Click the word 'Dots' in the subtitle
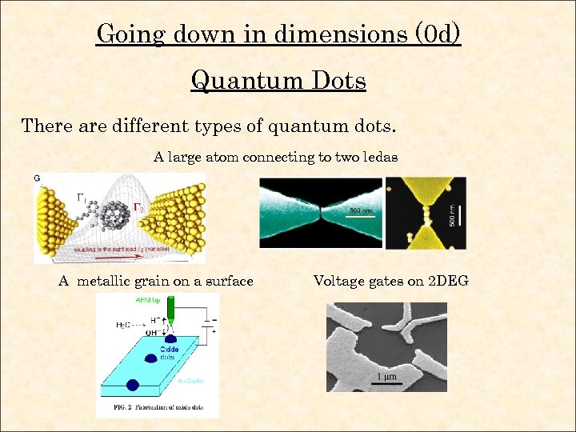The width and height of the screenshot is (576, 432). pos(337,80)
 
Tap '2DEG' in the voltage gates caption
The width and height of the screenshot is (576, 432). pos(448,281)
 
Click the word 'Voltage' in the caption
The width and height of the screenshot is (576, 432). pos(338,281)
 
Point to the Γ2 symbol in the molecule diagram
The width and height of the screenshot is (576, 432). pos(138,207)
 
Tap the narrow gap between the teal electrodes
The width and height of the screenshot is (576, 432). pos(321,214)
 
